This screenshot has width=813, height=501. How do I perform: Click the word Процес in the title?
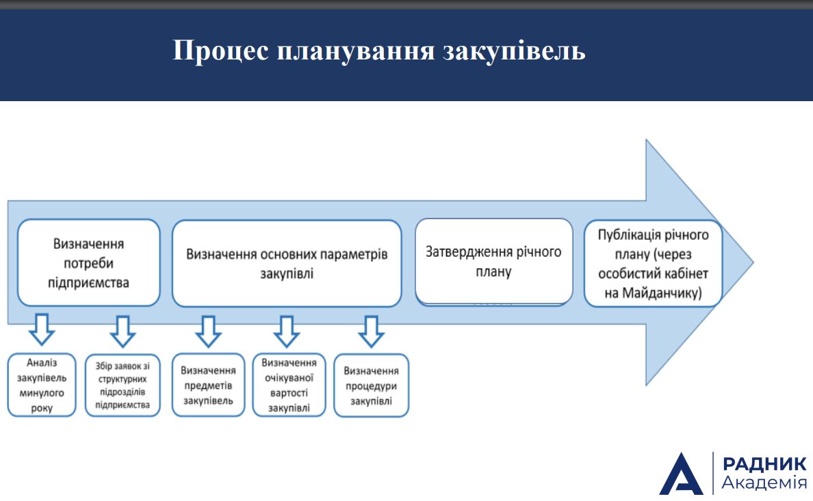[221, 51]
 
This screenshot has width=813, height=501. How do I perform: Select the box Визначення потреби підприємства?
[89, 262]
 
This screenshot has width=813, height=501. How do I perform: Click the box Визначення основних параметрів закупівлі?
[287, 263]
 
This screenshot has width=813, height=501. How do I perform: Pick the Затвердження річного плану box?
[493, 262]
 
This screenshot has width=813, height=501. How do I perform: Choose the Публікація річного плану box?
[654, 263]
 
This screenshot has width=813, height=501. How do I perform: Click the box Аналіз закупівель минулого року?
[42, 385]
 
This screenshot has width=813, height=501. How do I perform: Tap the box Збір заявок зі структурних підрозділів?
[122, 385]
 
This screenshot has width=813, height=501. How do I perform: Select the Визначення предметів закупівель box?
[208, 385]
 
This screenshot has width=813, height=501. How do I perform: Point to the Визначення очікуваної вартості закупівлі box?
[289, 385]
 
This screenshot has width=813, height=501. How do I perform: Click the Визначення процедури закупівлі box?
[371, 385]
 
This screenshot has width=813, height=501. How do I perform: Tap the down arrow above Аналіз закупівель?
[42, 329]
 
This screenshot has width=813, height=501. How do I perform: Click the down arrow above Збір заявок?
[123, 331]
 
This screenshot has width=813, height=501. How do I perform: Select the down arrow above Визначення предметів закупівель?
[209, 331]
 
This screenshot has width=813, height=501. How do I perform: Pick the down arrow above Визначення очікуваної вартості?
[287, 331]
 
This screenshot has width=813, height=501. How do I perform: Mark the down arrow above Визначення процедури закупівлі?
[371, 331]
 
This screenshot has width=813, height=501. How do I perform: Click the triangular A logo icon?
[681, 474]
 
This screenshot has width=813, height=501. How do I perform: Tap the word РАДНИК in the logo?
[764, 463]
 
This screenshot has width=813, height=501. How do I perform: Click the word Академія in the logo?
[764, 483]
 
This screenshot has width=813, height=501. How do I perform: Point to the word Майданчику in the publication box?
[662, 293]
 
